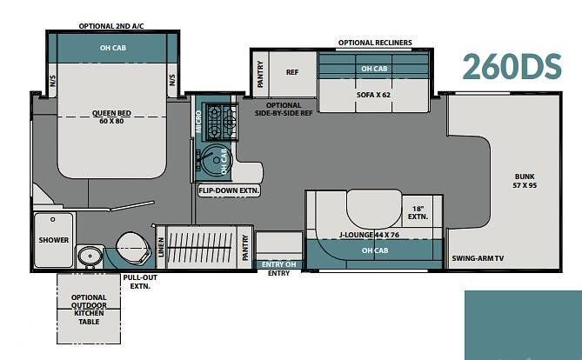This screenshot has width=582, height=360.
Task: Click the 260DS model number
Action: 512,67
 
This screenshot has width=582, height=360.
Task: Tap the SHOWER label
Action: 53,240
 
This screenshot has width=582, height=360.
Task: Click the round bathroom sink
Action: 90,256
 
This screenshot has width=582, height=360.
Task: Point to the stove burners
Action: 221,122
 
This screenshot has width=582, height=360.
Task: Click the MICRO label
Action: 198,122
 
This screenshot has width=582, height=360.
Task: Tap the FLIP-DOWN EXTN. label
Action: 229,190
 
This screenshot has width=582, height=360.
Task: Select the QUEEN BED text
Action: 111,113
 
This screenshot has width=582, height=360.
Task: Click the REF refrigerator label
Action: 292,72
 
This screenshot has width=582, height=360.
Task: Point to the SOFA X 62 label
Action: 373,95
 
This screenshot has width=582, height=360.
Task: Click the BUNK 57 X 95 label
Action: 525,181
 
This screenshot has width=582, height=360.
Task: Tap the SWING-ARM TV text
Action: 478,258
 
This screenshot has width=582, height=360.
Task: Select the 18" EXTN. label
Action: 418,213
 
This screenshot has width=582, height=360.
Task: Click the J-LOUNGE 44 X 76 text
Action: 369,235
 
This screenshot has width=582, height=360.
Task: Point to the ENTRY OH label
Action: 278,264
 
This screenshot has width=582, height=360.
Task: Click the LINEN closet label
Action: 161,247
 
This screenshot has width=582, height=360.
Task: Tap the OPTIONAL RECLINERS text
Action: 375,43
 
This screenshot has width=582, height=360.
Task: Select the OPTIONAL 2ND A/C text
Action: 111,26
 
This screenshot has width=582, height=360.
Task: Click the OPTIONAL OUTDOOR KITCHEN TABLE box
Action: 89,309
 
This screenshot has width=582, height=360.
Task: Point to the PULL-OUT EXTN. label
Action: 140,282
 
